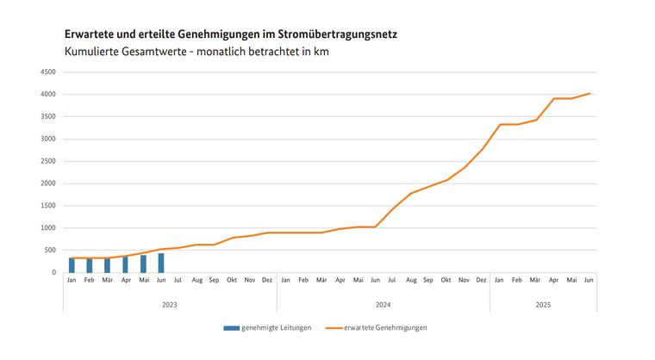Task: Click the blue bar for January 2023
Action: tap(72, 265)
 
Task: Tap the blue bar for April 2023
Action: tap(125, 264)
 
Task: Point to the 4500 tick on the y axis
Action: tap(48, 71)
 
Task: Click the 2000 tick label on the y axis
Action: tap(48, 183)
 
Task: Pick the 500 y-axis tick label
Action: tap(51, 250)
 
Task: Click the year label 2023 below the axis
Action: tap(170, 305)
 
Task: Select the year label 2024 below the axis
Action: tap(384, 305)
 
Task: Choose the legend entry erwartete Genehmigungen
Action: tap(384, 328)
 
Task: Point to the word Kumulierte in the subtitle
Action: tap(92, 52)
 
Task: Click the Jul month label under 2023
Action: tap(178, 281)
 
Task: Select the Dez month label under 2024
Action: tap(481, 281)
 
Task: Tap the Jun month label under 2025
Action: tap(589, 281)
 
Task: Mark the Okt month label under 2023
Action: tap(233, 281)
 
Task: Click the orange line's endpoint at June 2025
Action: tap(589, 93)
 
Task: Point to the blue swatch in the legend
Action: tap(230, 328)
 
